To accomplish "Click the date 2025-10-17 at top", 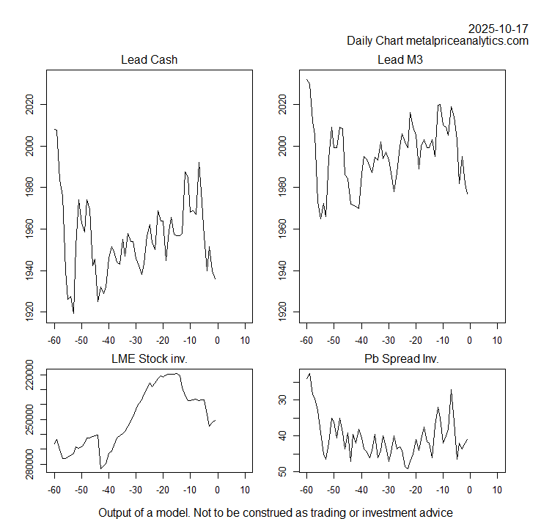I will pyautogui.click(x=498, y=29).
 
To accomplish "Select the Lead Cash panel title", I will pyautogui.click(x=149, y=60).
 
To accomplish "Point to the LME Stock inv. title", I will pyautogui.click(x=149, y=359).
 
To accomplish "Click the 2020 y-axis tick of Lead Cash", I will pyautogui.click(x=30, y=105).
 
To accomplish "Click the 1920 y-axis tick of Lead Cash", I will pyautogui.click(x=30, y=312).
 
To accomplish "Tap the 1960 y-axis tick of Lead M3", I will pyautogui.click(x=282, y=229).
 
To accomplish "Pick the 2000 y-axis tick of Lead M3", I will pyautogui.click(x=282, y=147).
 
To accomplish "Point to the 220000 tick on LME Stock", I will pyautogui.click(x=30, y=375).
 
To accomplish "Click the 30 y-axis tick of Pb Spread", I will pyautogui.click(x=282, y=400).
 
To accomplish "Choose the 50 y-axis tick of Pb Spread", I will pyautogui.click(x=282, y=471).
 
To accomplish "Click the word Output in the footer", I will pyautogui.click(x=117, y=512).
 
